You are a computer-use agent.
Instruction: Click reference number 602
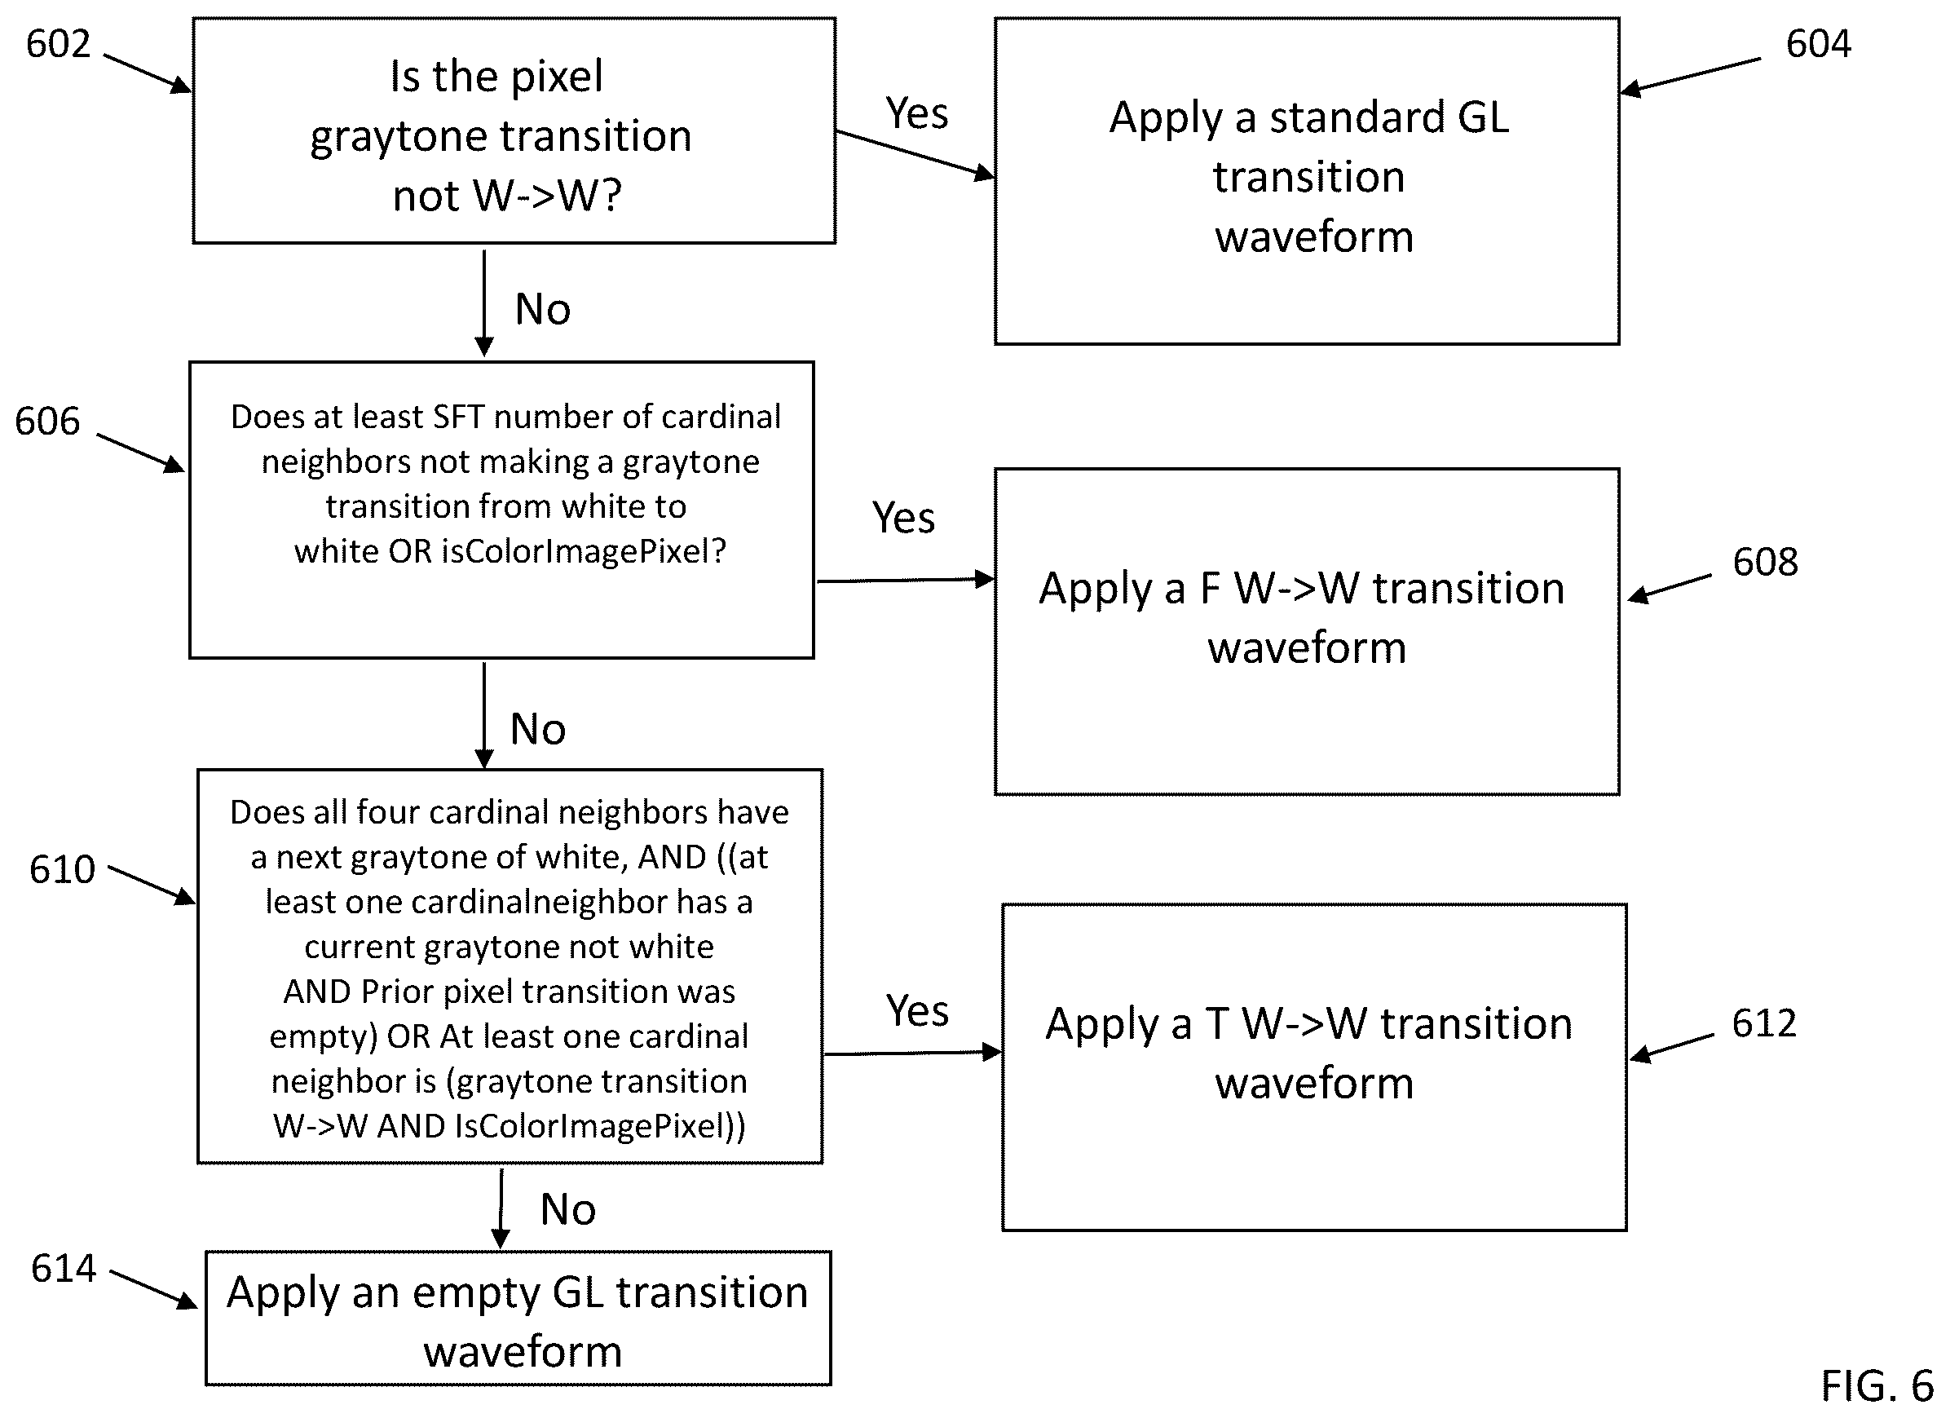tap(59, 44)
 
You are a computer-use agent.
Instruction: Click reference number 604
tap(1819, 44)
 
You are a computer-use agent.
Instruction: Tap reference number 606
tap(47, 422)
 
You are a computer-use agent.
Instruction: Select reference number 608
tap(1765, 563)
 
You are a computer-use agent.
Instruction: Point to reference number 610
tap(62, 869)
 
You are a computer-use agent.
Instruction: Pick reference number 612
tap(1764, 1023)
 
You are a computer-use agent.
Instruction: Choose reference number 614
tap(64, 1269)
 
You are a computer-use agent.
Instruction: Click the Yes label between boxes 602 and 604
tap(917, 113)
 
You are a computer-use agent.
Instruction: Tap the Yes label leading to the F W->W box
tap(903, 518)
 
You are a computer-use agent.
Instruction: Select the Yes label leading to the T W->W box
tap(918, 1010)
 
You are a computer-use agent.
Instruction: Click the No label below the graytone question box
tap(542, 310)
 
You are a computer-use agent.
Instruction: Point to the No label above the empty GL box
tap(568, 1210)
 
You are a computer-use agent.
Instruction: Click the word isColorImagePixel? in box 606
tap(584, 551)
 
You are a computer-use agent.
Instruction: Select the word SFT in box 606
tap(459, 417)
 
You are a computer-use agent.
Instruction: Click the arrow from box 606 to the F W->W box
tap(906, 581)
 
